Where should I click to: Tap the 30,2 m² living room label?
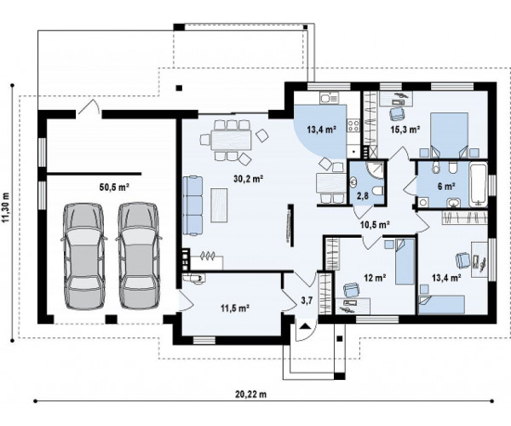click(x=249, y=179)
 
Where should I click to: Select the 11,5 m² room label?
click(x=235, y=308)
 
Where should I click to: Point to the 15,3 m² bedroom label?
click(x=405, y=130)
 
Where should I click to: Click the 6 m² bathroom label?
click(x=446, y=187)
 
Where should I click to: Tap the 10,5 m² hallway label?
click(x=376, y=224)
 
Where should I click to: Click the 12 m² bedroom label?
click(x=375, y=278)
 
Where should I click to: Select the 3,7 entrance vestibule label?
click(x=307, y=300)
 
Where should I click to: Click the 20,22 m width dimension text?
click(x=251, y=394)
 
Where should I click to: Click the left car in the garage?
click(x=83, y=256)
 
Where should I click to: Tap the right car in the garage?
click(x=139, y=256)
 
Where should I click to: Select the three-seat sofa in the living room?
click(x=192, y=205)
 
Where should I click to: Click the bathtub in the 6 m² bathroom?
click(x=479, y=185)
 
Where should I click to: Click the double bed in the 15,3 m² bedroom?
click(x=449, y=135)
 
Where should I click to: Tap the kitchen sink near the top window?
click(x=329, y=97)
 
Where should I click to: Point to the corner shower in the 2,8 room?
click(x=375, y=170)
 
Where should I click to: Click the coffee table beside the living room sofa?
click(x=219, y=205)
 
